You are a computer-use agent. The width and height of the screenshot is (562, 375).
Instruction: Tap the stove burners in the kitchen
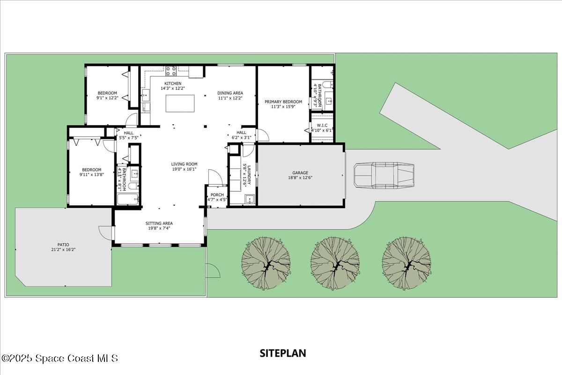(x=171, y=71)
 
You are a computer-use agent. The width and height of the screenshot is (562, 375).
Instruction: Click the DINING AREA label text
(x=230, y=93)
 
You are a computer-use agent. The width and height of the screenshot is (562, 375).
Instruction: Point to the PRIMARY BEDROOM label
(x=283, y=102)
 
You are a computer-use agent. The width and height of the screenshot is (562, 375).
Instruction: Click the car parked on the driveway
(x=384, y=176)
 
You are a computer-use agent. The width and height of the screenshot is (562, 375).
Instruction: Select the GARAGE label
(x=300, y=173)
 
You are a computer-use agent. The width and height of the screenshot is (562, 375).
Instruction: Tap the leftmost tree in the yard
(x=266, y=263)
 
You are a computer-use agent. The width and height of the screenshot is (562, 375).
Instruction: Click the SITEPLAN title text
(x=283, y=353)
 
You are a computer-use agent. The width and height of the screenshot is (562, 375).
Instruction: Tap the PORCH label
(x=217, y=195)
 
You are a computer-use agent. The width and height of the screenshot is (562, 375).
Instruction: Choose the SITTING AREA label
(x=159, y=223)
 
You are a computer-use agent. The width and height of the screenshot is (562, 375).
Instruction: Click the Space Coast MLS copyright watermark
(x=60, y=358)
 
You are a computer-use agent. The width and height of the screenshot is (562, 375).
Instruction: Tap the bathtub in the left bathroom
(x=128, y=200)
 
